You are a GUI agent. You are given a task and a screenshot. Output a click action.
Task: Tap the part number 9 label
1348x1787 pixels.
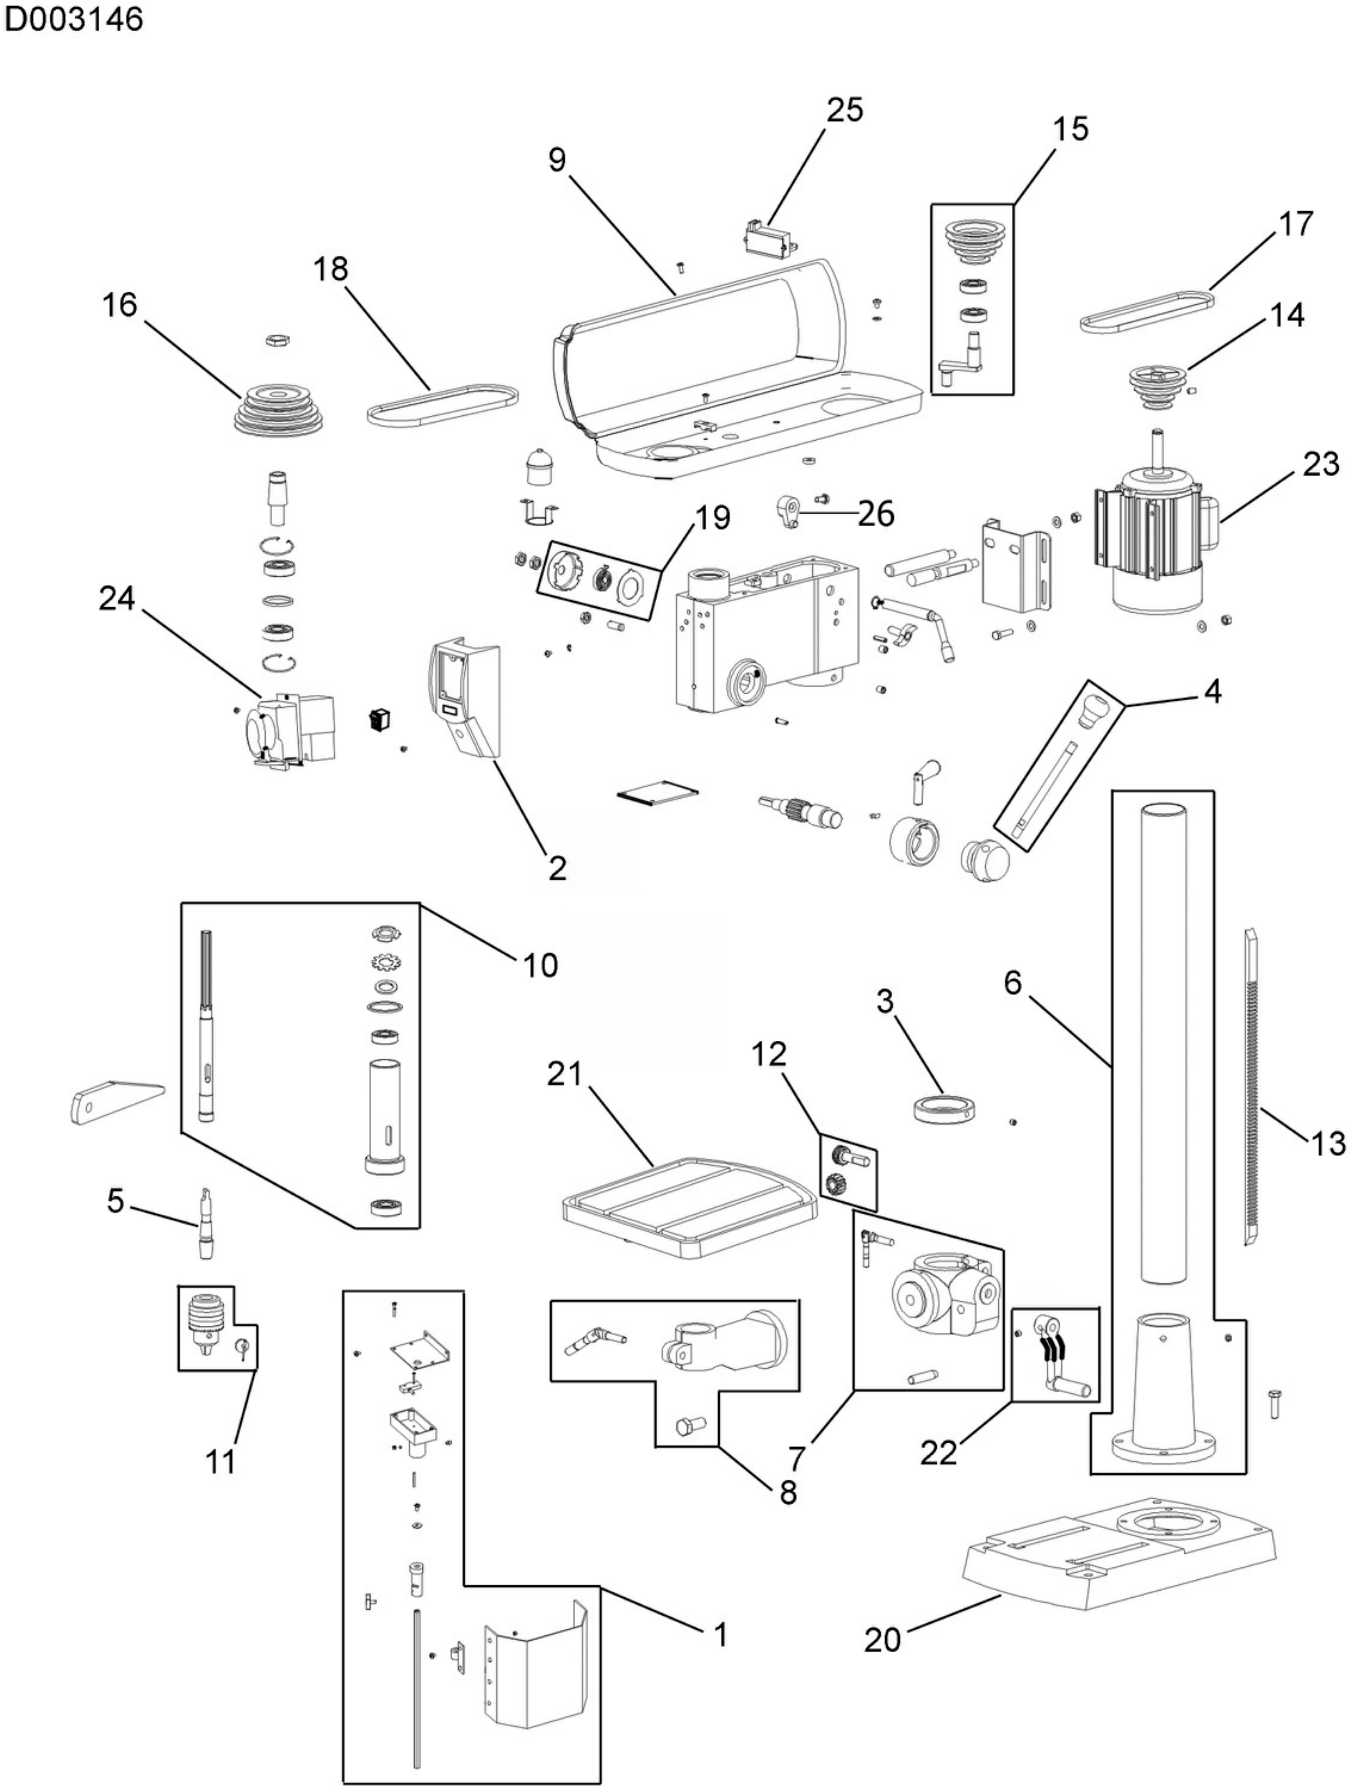point(557,160)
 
